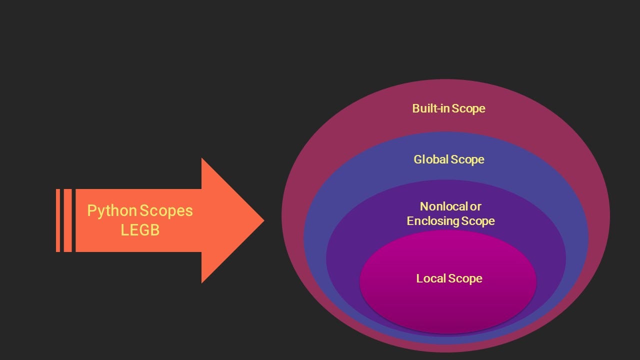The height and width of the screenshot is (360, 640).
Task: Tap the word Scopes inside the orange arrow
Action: pyautogui.click(x=166, y=210)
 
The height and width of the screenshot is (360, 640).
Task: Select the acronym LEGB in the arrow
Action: pyautogui.click(x=140, y=230)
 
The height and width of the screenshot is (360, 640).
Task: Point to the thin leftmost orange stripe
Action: pyautogui.click(x=58, y=220)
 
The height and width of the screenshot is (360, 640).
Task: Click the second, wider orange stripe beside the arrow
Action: pyautogui.click(x=68, y=220)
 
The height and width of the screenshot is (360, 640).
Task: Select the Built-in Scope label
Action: pyautogui.click(x=448, y=108)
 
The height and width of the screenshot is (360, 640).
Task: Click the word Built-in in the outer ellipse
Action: pyautogui.click(x=430, y=108)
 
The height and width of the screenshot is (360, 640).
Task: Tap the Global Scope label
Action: pyautogui.click(x=448, y=159)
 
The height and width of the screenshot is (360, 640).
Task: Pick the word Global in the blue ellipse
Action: pyautogui.click(x=431, y=159)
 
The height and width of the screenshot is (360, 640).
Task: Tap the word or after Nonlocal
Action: pyautogui.click(x=475, y=206)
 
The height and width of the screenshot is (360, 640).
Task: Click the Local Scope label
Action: pyautogui.click(x=449, y=278)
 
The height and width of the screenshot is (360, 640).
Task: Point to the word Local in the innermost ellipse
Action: pyautogui.click(x=431, y=278)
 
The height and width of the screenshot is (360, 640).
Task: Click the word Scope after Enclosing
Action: pyautogui.click(x=478, y=221)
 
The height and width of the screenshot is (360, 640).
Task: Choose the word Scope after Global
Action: pyautogui.click(x=467, y=159)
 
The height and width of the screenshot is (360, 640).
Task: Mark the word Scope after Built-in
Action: pyautogui.click(x=468, y=108)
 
